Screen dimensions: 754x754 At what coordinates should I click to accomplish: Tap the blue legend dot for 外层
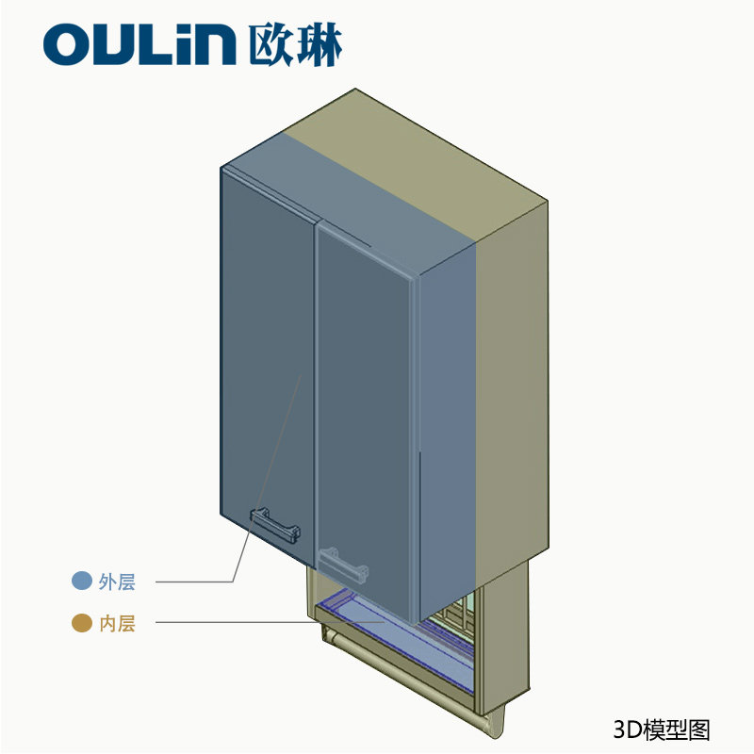pos(82,582)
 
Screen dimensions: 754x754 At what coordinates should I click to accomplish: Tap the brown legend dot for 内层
pos(82,623)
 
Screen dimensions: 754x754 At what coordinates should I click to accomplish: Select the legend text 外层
pos(117,582)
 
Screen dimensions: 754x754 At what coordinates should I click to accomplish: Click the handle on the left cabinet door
pos(274,523)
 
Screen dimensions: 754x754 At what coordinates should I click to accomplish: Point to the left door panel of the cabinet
pos(267,358)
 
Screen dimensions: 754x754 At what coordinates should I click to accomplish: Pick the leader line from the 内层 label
pos(236,622)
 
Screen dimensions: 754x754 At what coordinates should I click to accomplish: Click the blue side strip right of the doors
pos(448,424)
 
